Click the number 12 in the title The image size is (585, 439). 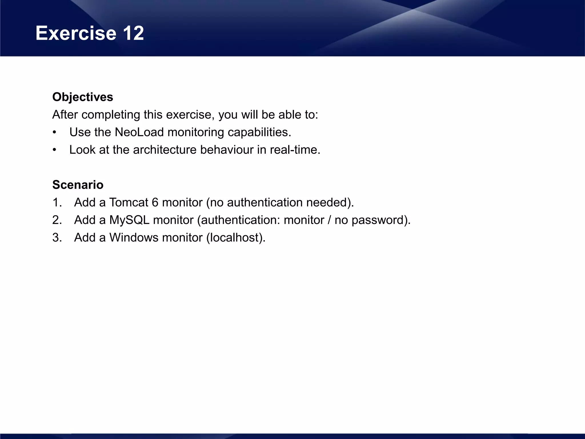(x=133, y=33)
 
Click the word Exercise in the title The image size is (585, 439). (x=76, y=33)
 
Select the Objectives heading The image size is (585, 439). (x=83, y=97)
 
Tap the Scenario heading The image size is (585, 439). (x=78, y=185)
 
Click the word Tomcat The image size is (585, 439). (x=129, y=203)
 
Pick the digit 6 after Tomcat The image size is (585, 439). (x=155, y=203)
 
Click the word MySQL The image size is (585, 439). (x=129, y=220)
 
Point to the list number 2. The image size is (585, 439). (x=57, y=220)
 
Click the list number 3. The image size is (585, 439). (x=57, y=238)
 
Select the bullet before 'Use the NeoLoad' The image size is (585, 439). (x=55, y=133)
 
